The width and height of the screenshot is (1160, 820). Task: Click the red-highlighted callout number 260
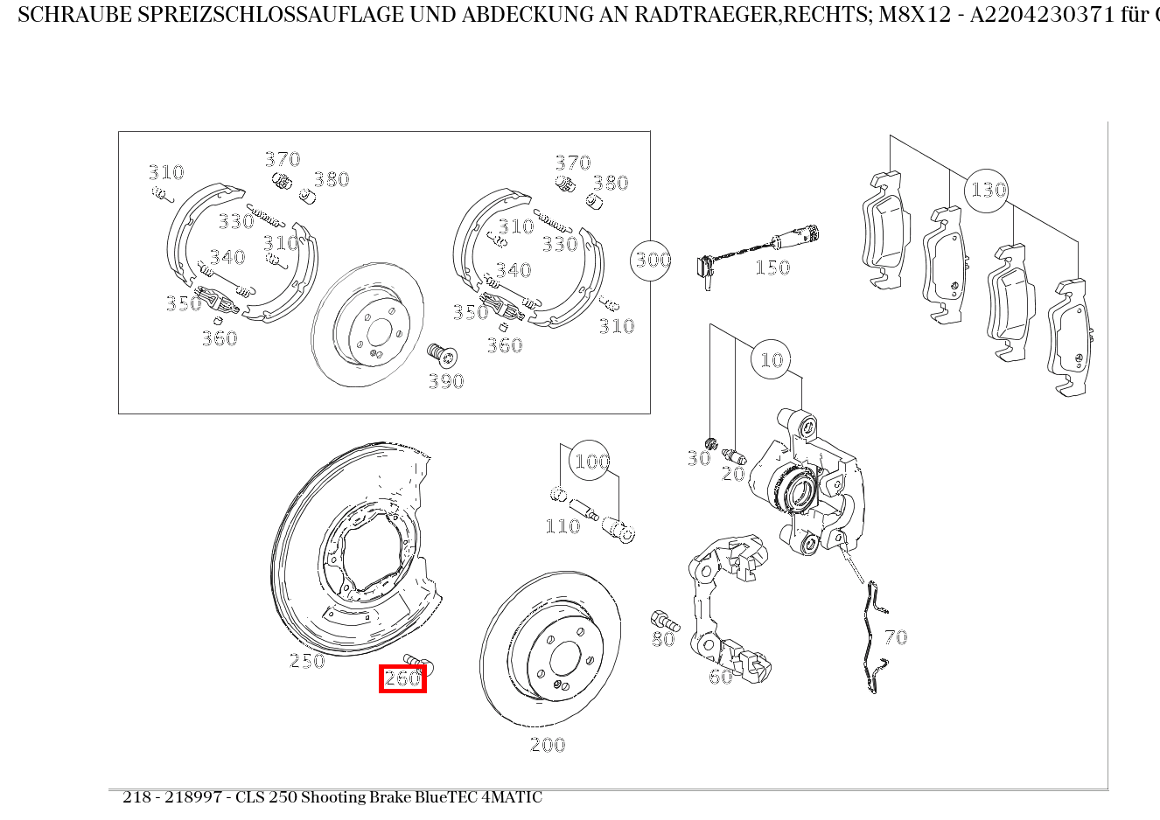(402, 678)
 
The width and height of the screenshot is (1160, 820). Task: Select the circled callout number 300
(651, 261)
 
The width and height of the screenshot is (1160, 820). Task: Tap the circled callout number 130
(987, 191)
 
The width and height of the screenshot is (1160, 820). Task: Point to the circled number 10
(771, 359)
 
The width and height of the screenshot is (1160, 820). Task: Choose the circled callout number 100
(590, 461)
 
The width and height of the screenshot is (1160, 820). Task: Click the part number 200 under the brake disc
(548, 745)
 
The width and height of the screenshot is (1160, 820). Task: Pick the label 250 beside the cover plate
(307, 661)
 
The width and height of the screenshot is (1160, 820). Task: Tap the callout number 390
(446, 381)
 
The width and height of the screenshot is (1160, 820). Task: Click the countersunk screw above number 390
(442, 355)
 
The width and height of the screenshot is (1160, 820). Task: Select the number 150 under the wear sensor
(772, 268)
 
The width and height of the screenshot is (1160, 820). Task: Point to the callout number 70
(896, 637)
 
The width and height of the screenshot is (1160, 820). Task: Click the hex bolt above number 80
(665, 621)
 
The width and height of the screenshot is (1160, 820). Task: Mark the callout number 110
(563, 526)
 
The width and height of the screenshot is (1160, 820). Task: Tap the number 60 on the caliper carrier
(720, 676)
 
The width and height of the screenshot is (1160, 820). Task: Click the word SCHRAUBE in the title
(75, 15)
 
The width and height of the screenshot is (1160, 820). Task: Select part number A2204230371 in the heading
(1042, 15)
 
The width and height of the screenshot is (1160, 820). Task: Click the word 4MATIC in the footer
(512, 797)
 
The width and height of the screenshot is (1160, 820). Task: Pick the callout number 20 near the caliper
(733, 473)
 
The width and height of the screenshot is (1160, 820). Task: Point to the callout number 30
(699, 458)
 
